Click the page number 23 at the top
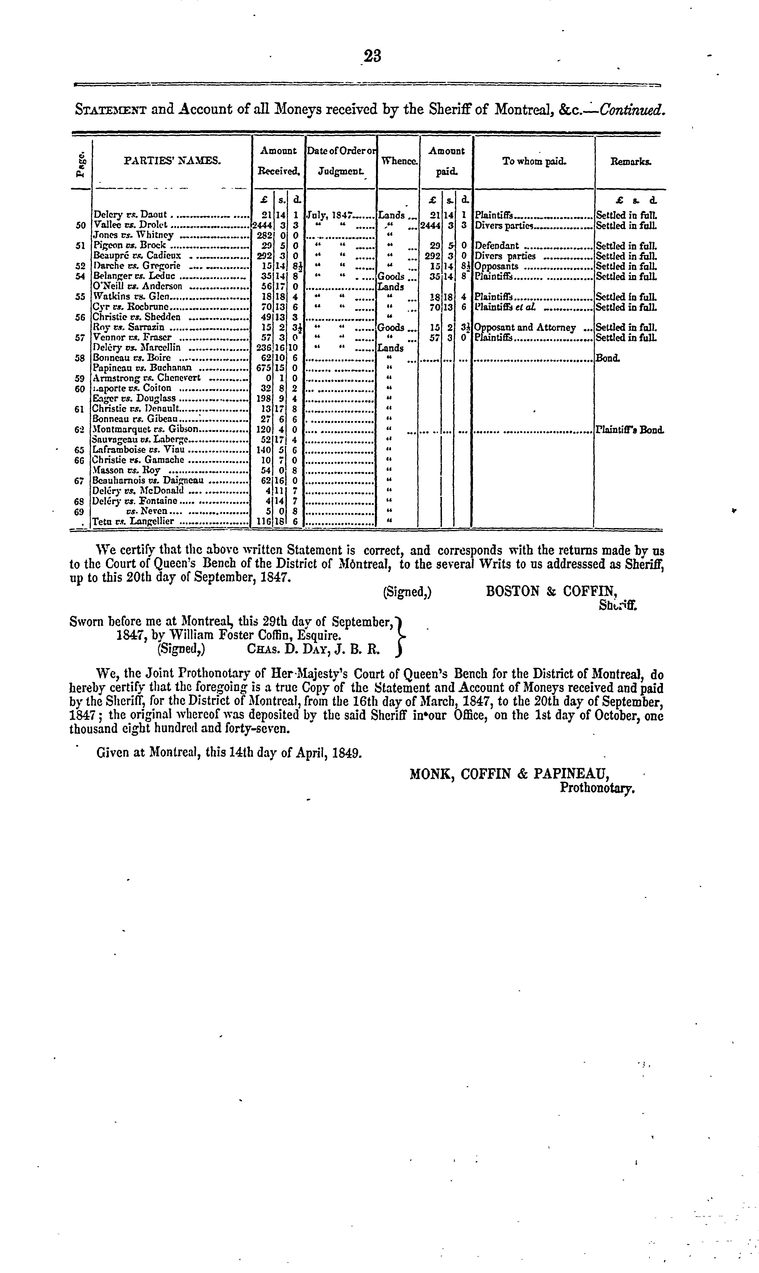click(x=372, y=55)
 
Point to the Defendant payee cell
click(x=497, y=246)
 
